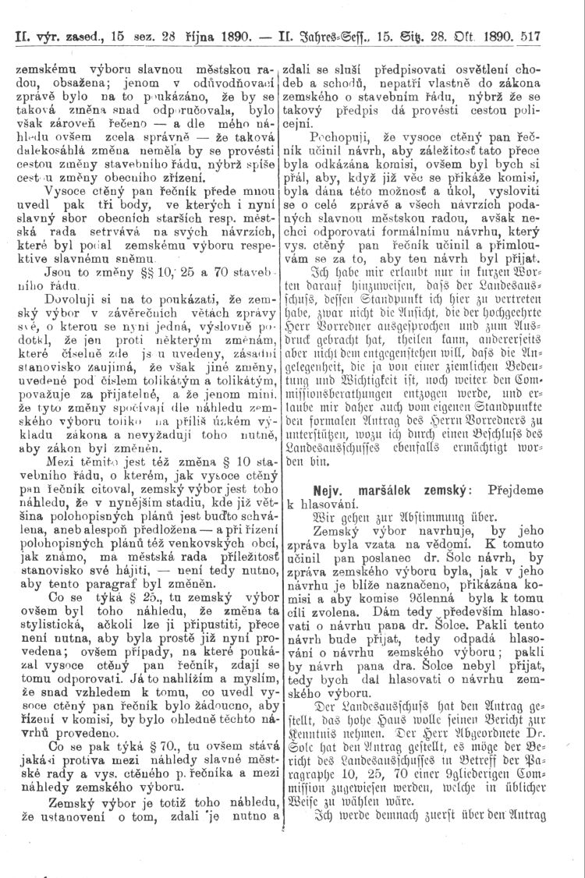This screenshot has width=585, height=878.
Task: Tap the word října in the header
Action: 200,37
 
